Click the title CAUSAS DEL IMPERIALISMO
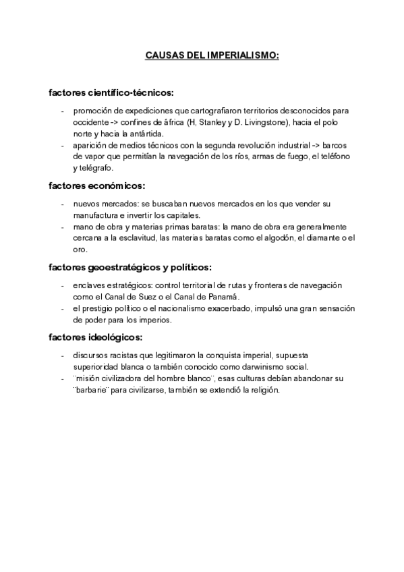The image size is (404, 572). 212,56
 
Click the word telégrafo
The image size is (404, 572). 96,168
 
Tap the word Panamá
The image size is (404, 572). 228,297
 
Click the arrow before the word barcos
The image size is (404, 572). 314,145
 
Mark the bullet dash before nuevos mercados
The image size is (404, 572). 63,204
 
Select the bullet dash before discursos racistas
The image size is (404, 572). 63,355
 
